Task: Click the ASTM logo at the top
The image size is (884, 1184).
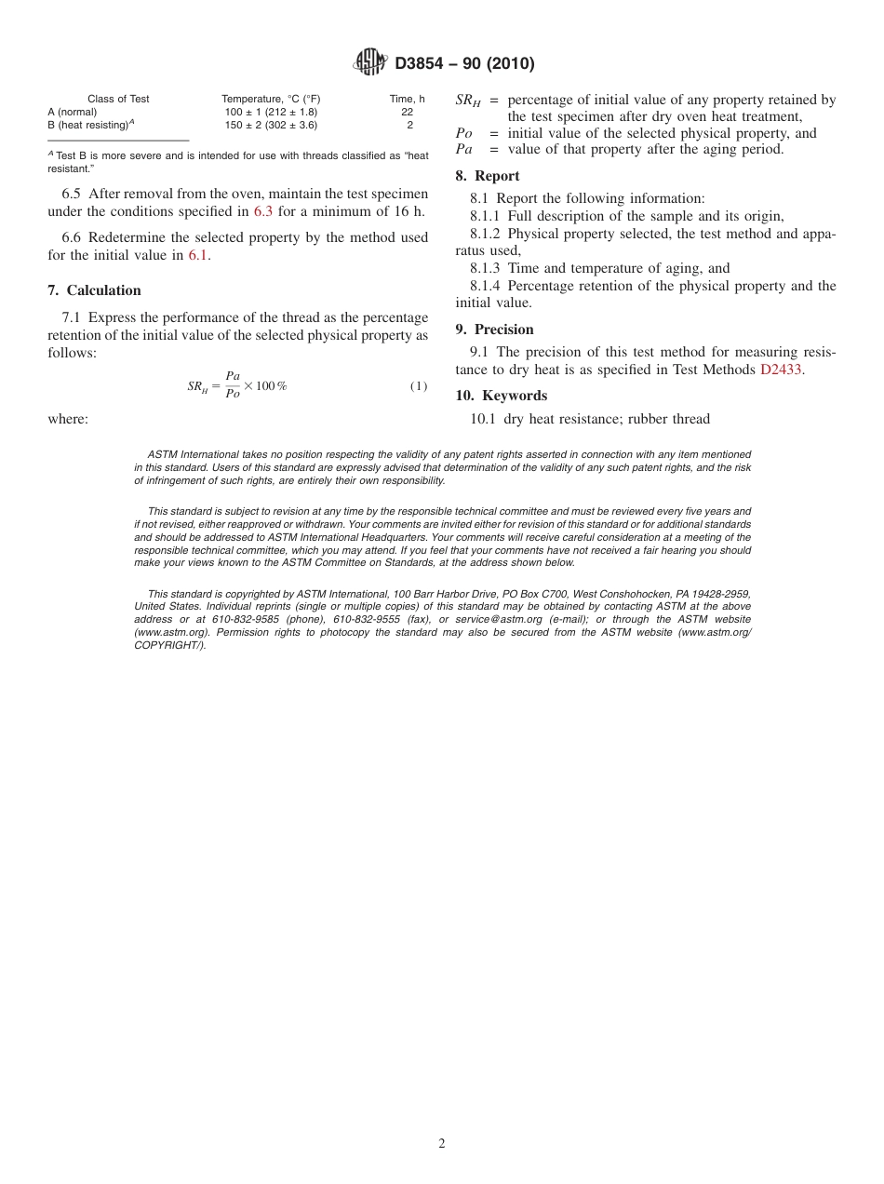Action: [369, 62]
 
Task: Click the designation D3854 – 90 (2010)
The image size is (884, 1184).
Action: [464, 63]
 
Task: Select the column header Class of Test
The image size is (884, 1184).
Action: [118, 99]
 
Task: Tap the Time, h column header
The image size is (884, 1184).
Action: [407, 99]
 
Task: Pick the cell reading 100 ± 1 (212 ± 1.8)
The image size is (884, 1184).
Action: [271, 112]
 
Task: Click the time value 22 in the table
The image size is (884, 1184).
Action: [408, 112]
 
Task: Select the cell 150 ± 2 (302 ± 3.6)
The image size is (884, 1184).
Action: [271, 124]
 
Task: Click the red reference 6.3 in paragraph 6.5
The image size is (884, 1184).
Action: [263, 211]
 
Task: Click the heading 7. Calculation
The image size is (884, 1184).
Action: [94, 290]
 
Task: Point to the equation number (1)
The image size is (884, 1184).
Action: [419, 386]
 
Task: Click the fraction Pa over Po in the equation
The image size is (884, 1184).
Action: [233, 385]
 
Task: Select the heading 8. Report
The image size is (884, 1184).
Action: [488, 176]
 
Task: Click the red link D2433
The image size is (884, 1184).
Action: [781, 370]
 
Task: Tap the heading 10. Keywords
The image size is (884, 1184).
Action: [501, 396]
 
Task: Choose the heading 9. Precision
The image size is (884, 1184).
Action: [494, 330]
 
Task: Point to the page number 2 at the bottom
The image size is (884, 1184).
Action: [442, 1144]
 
